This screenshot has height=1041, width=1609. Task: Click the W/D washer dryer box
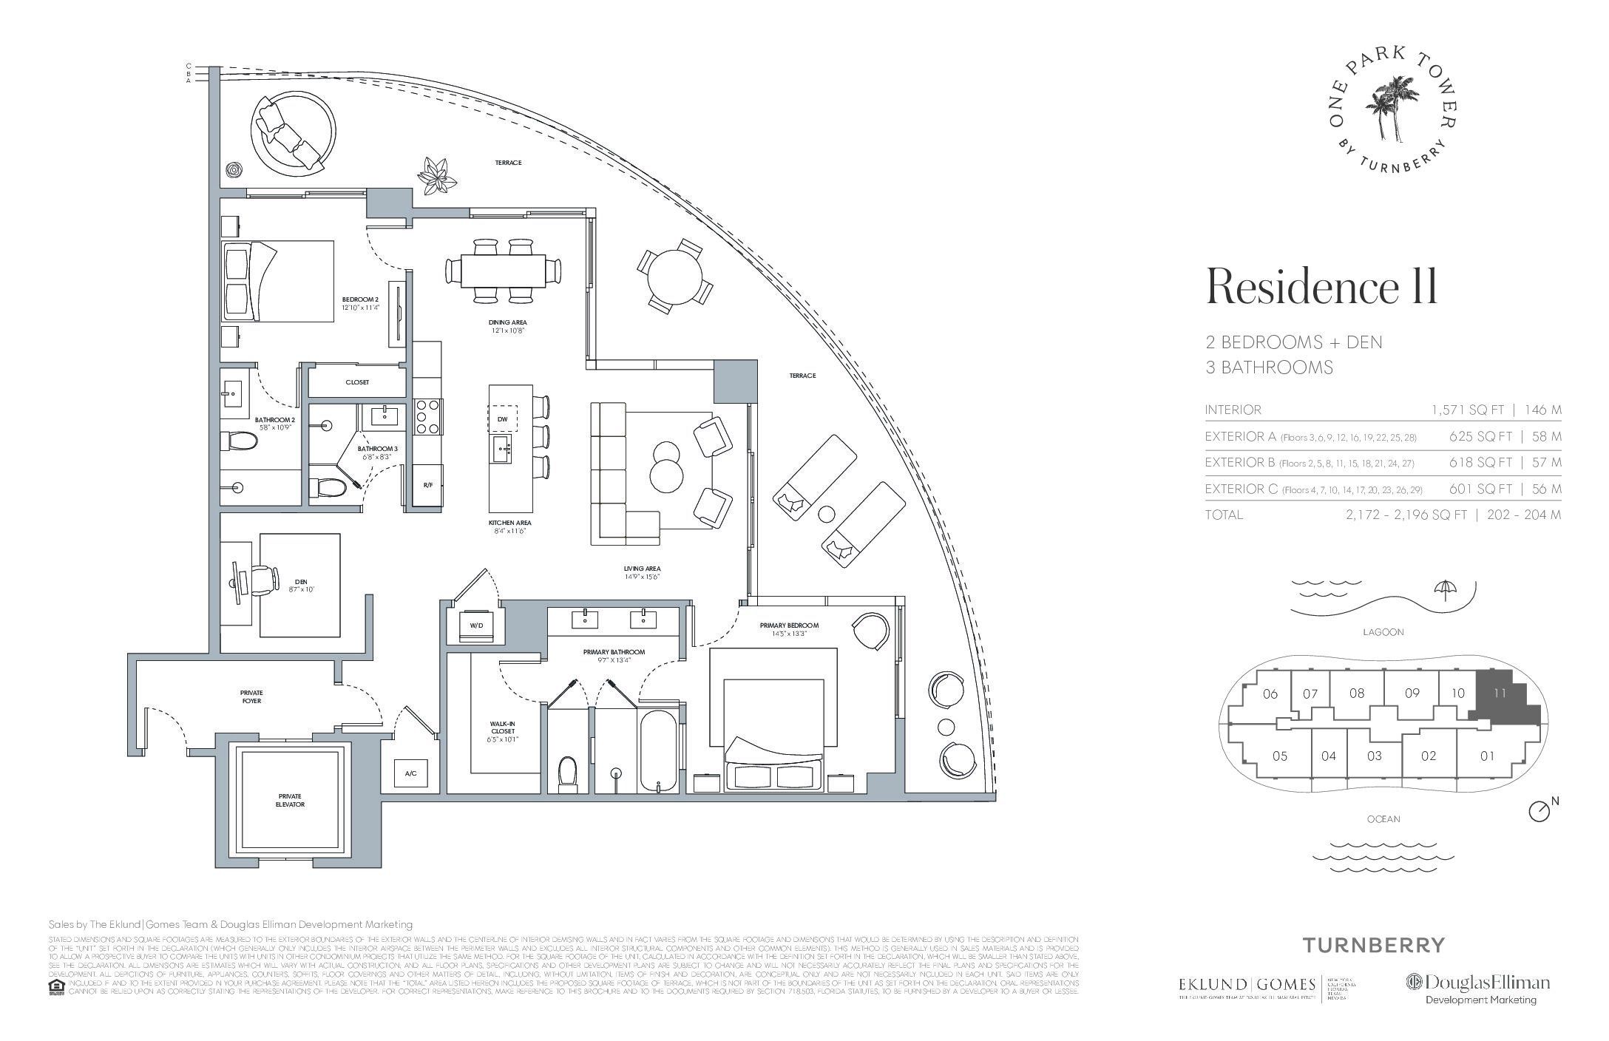pyautogui.click(x=476, y=625)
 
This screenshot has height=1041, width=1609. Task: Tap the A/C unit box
pyautogui.click(x=410, y=773)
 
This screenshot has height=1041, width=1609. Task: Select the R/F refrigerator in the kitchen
pyautogui.click(x=427, y=485)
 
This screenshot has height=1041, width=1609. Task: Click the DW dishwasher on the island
pyautogui.click(x=502, y=419)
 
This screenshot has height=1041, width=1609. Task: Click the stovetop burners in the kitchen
pyautogui.click(x=428, y=416)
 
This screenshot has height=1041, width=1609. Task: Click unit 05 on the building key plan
pyautogui.click(x=1279, y=756)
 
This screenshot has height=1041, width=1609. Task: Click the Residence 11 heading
pyautogui.click(x=1321, y=287)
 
